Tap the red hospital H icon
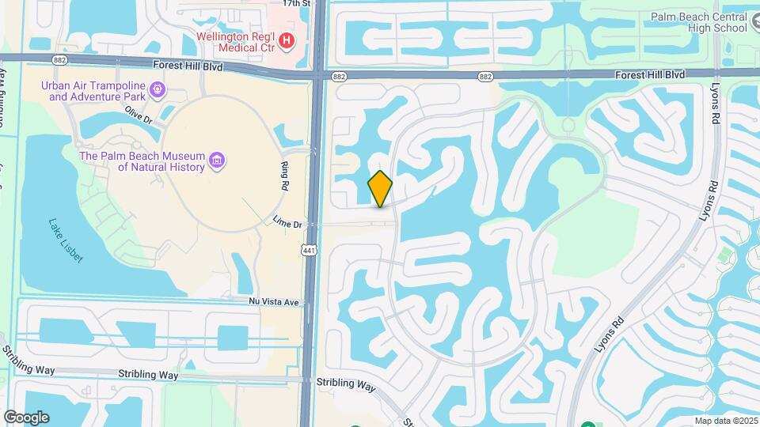coord(287,39)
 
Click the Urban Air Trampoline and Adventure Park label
coord(97,91)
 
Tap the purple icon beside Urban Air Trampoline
coord(158,91)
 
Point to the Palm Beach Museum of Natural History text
coord(142,161)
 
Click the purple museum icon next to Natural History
coord(216,162)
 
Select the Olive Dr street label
coord(138,116)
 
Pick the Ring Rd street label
coord(284,176)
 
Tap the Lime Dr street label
coord(288,224)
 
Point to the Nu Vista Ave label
coord(274,302)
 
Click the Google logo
coord(26,417)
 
